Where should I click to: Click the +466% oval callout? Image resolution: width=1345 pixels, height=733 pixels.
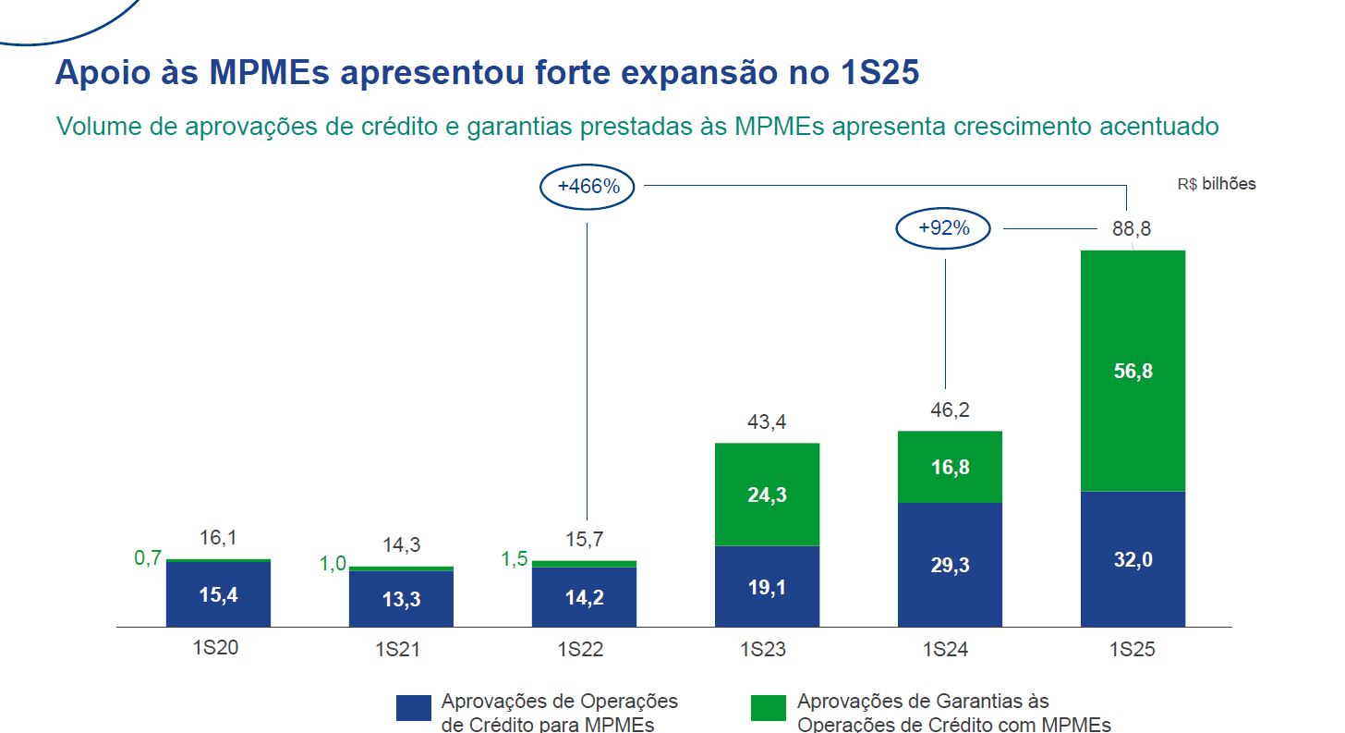[588, 186]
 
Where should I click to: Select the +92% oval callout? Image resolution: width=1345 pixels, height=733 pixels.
[943, 228]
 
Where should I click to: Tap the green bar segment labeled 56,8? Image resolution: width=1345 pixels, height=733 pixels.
[1133, 371]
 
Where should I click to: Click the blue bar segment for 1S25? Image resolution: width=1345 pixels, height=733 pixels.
[1133, 559]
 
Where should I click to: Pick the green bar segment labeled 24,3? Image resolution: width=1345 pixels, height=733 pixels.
[767, 495]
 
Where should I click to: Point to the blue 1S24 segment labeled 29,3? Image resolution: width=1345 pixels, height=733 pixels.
[950, 565]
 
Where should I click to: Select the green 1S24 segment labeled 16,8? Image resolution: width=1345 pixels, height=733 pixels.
[950, 467]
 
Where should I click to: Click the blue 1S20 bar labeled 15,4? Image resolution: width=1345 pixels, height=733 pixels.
[218, 594]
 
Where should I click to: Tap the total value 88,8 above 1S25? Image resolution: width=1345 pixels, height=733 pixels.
[1132, 229]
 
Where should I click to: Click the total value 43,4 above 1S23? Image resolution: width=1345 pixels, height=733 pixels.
[767, 422]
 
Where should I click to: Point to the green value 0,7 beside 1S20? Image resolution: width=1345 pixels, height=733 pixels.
[148, 557]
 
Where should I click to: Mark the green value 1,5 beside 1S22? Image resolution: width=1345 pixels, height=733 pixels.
[514, 559]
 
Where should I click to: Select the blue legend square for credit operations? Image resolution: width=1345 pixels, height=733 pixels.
[413, 708]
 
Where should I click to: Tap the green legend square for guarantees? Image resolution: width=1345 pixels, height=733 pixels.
[769, 708]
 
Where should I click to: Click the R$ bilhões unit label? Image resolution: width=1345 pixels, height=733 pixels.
[1217, 184]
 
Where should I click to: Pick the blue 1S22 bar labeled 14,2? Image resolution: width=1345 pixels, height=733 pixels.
[584, 597]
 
